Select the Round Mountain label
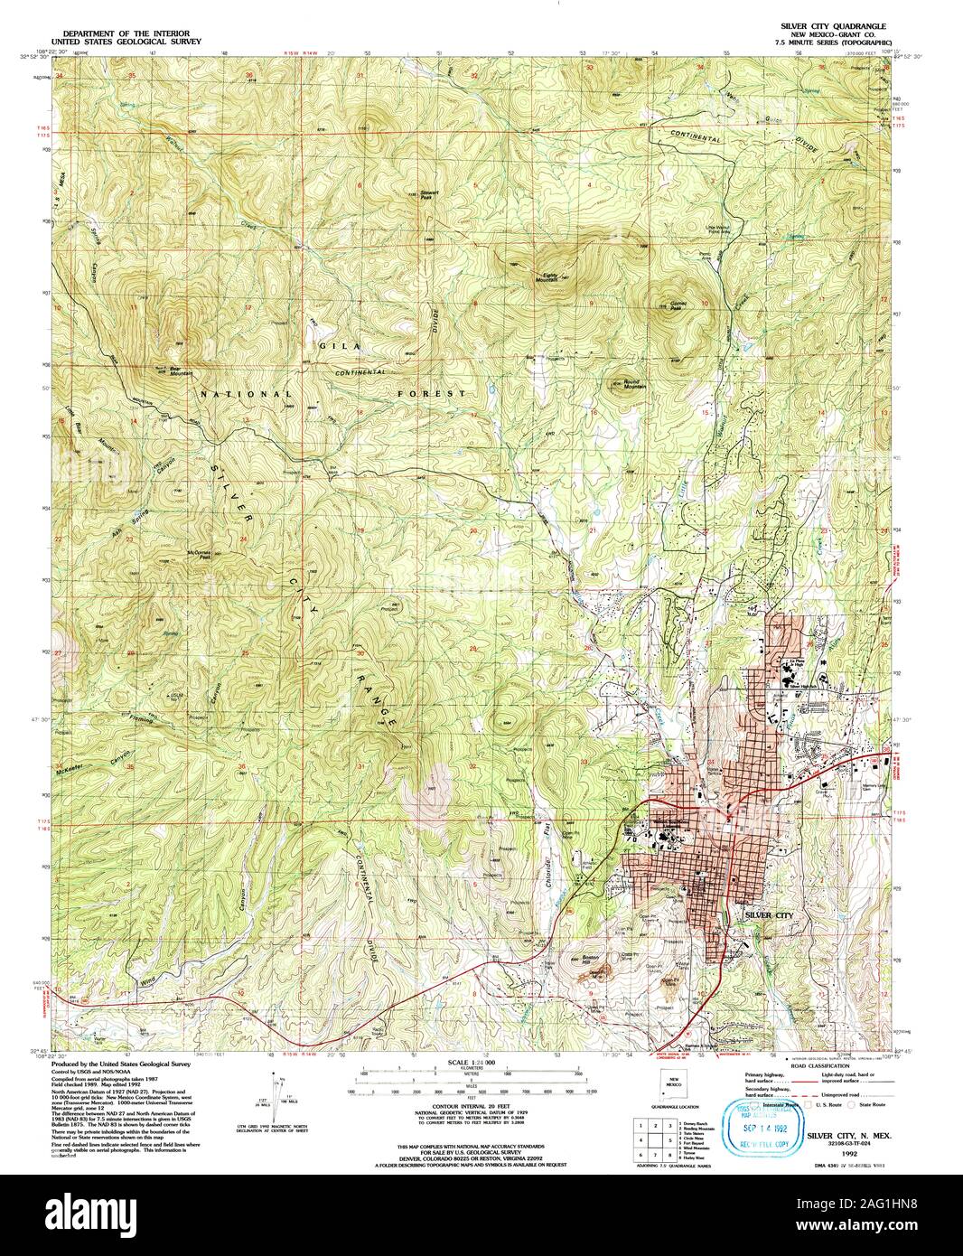click(625, 383)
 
